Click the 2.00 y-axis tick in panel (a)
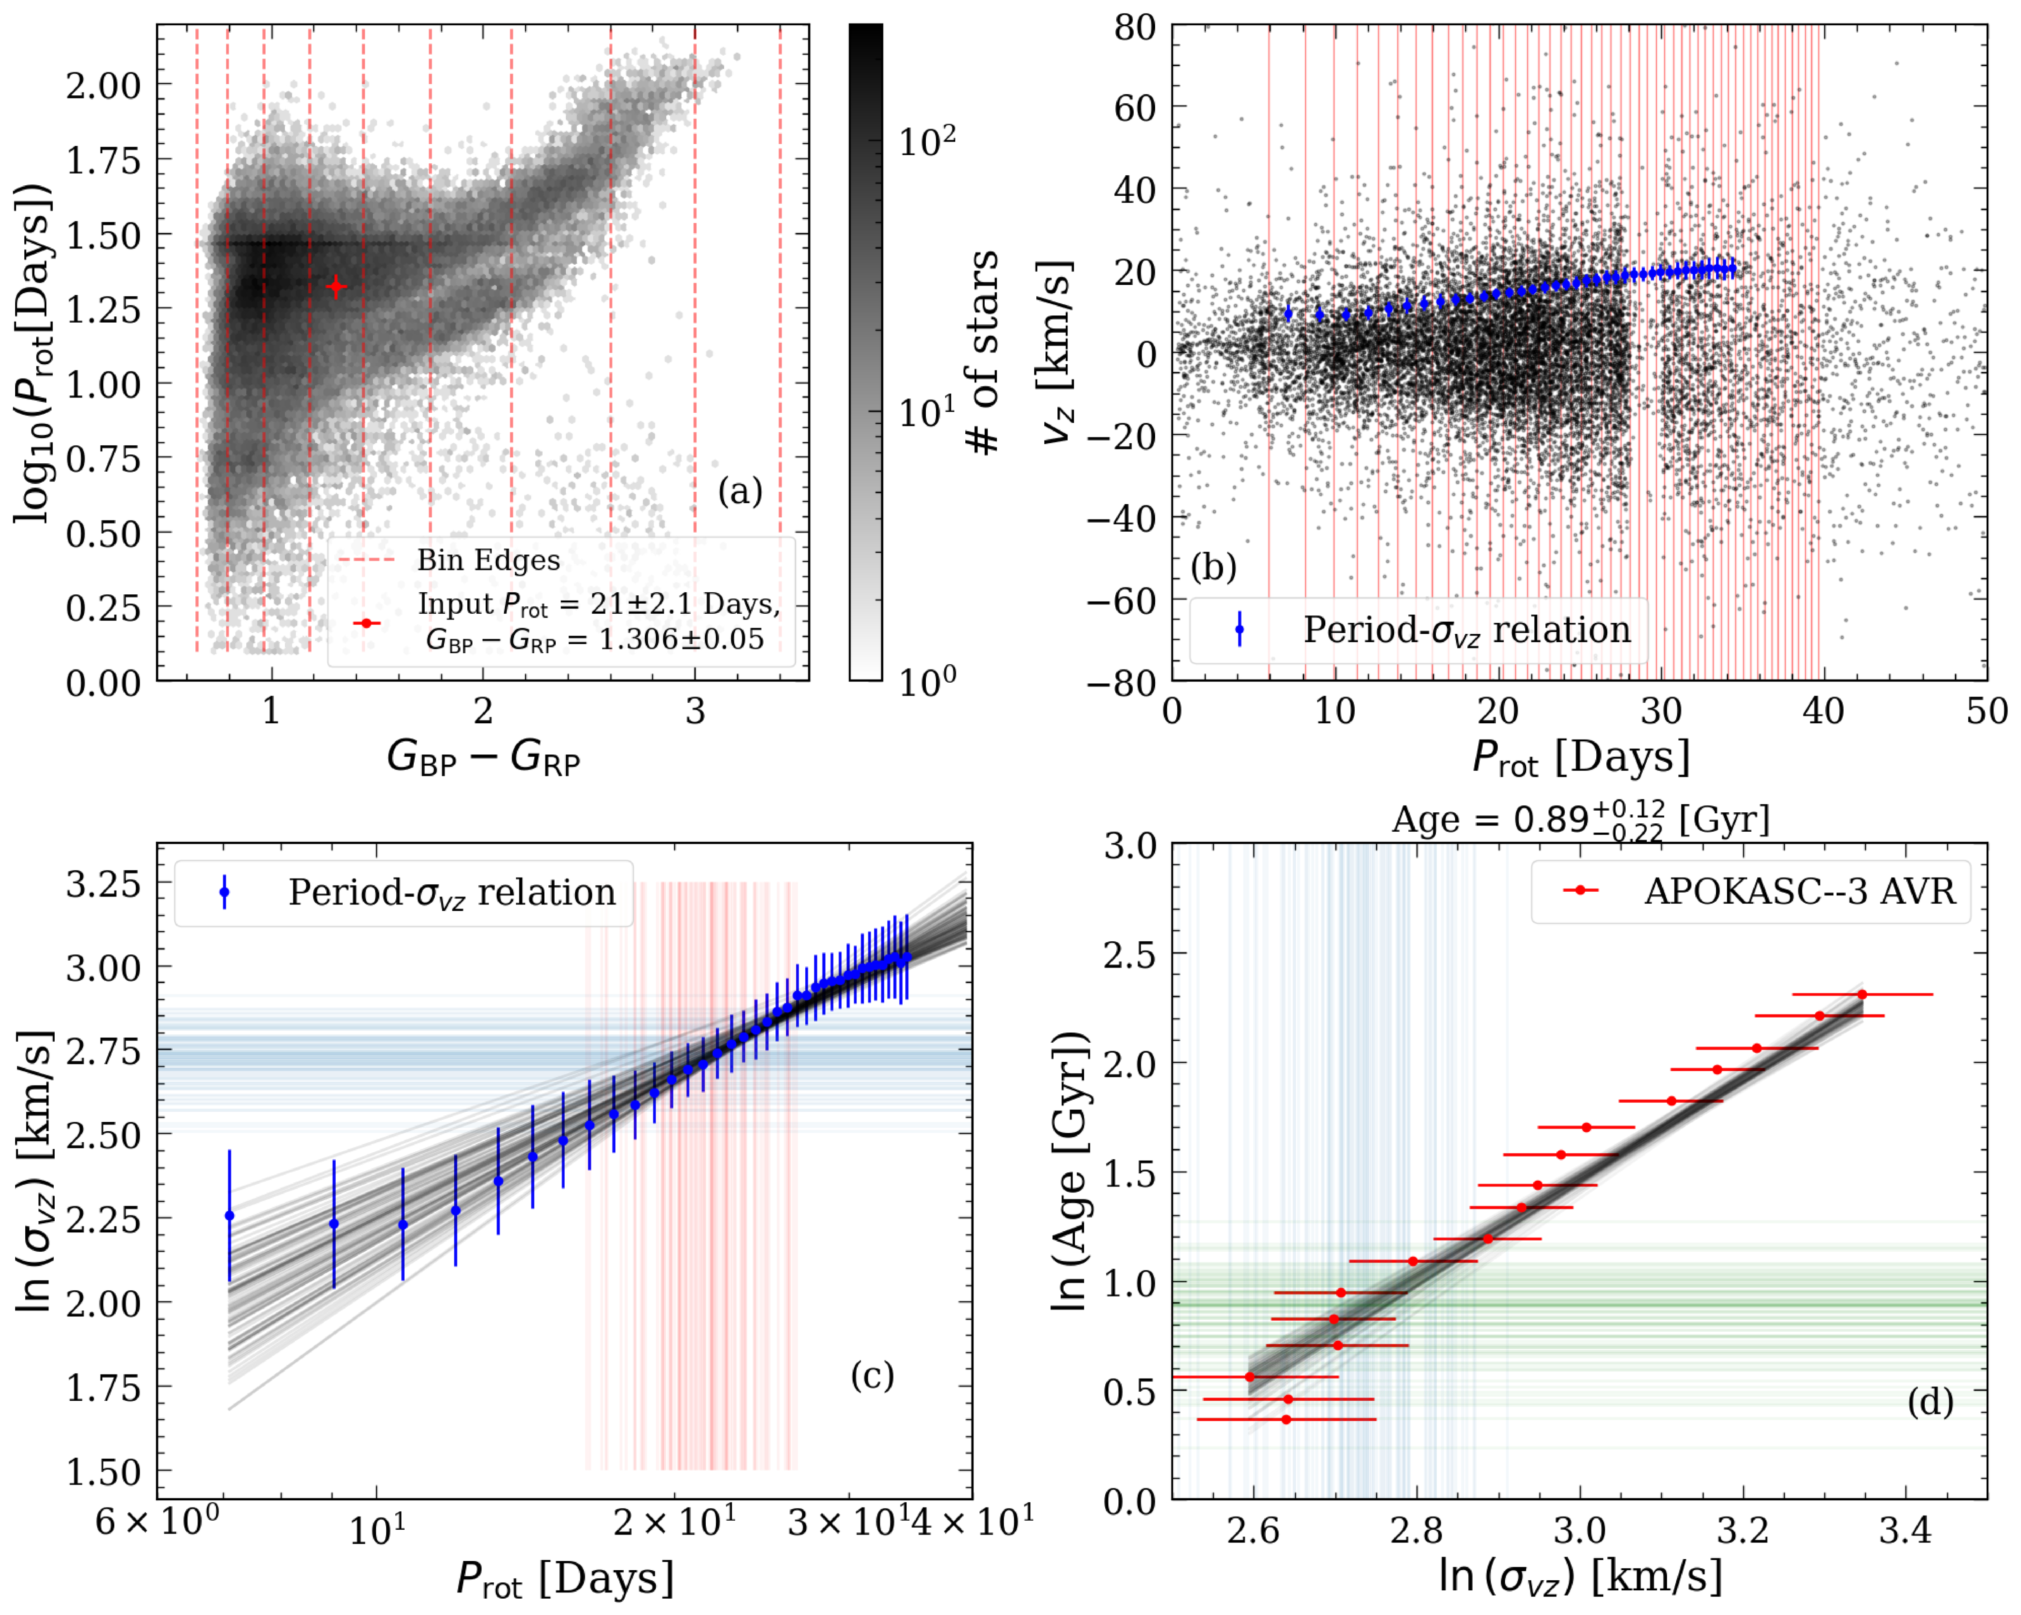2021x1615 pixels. coord(103,85)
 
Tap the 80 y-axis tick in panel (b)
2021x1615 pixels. coord(1135,28)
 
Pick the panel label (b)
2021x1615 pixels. coord(1213,567)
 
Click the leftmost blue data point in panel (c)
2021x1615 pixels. coord(229,1215)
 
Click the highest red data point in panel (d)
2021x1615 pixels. coord(1862,994)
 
